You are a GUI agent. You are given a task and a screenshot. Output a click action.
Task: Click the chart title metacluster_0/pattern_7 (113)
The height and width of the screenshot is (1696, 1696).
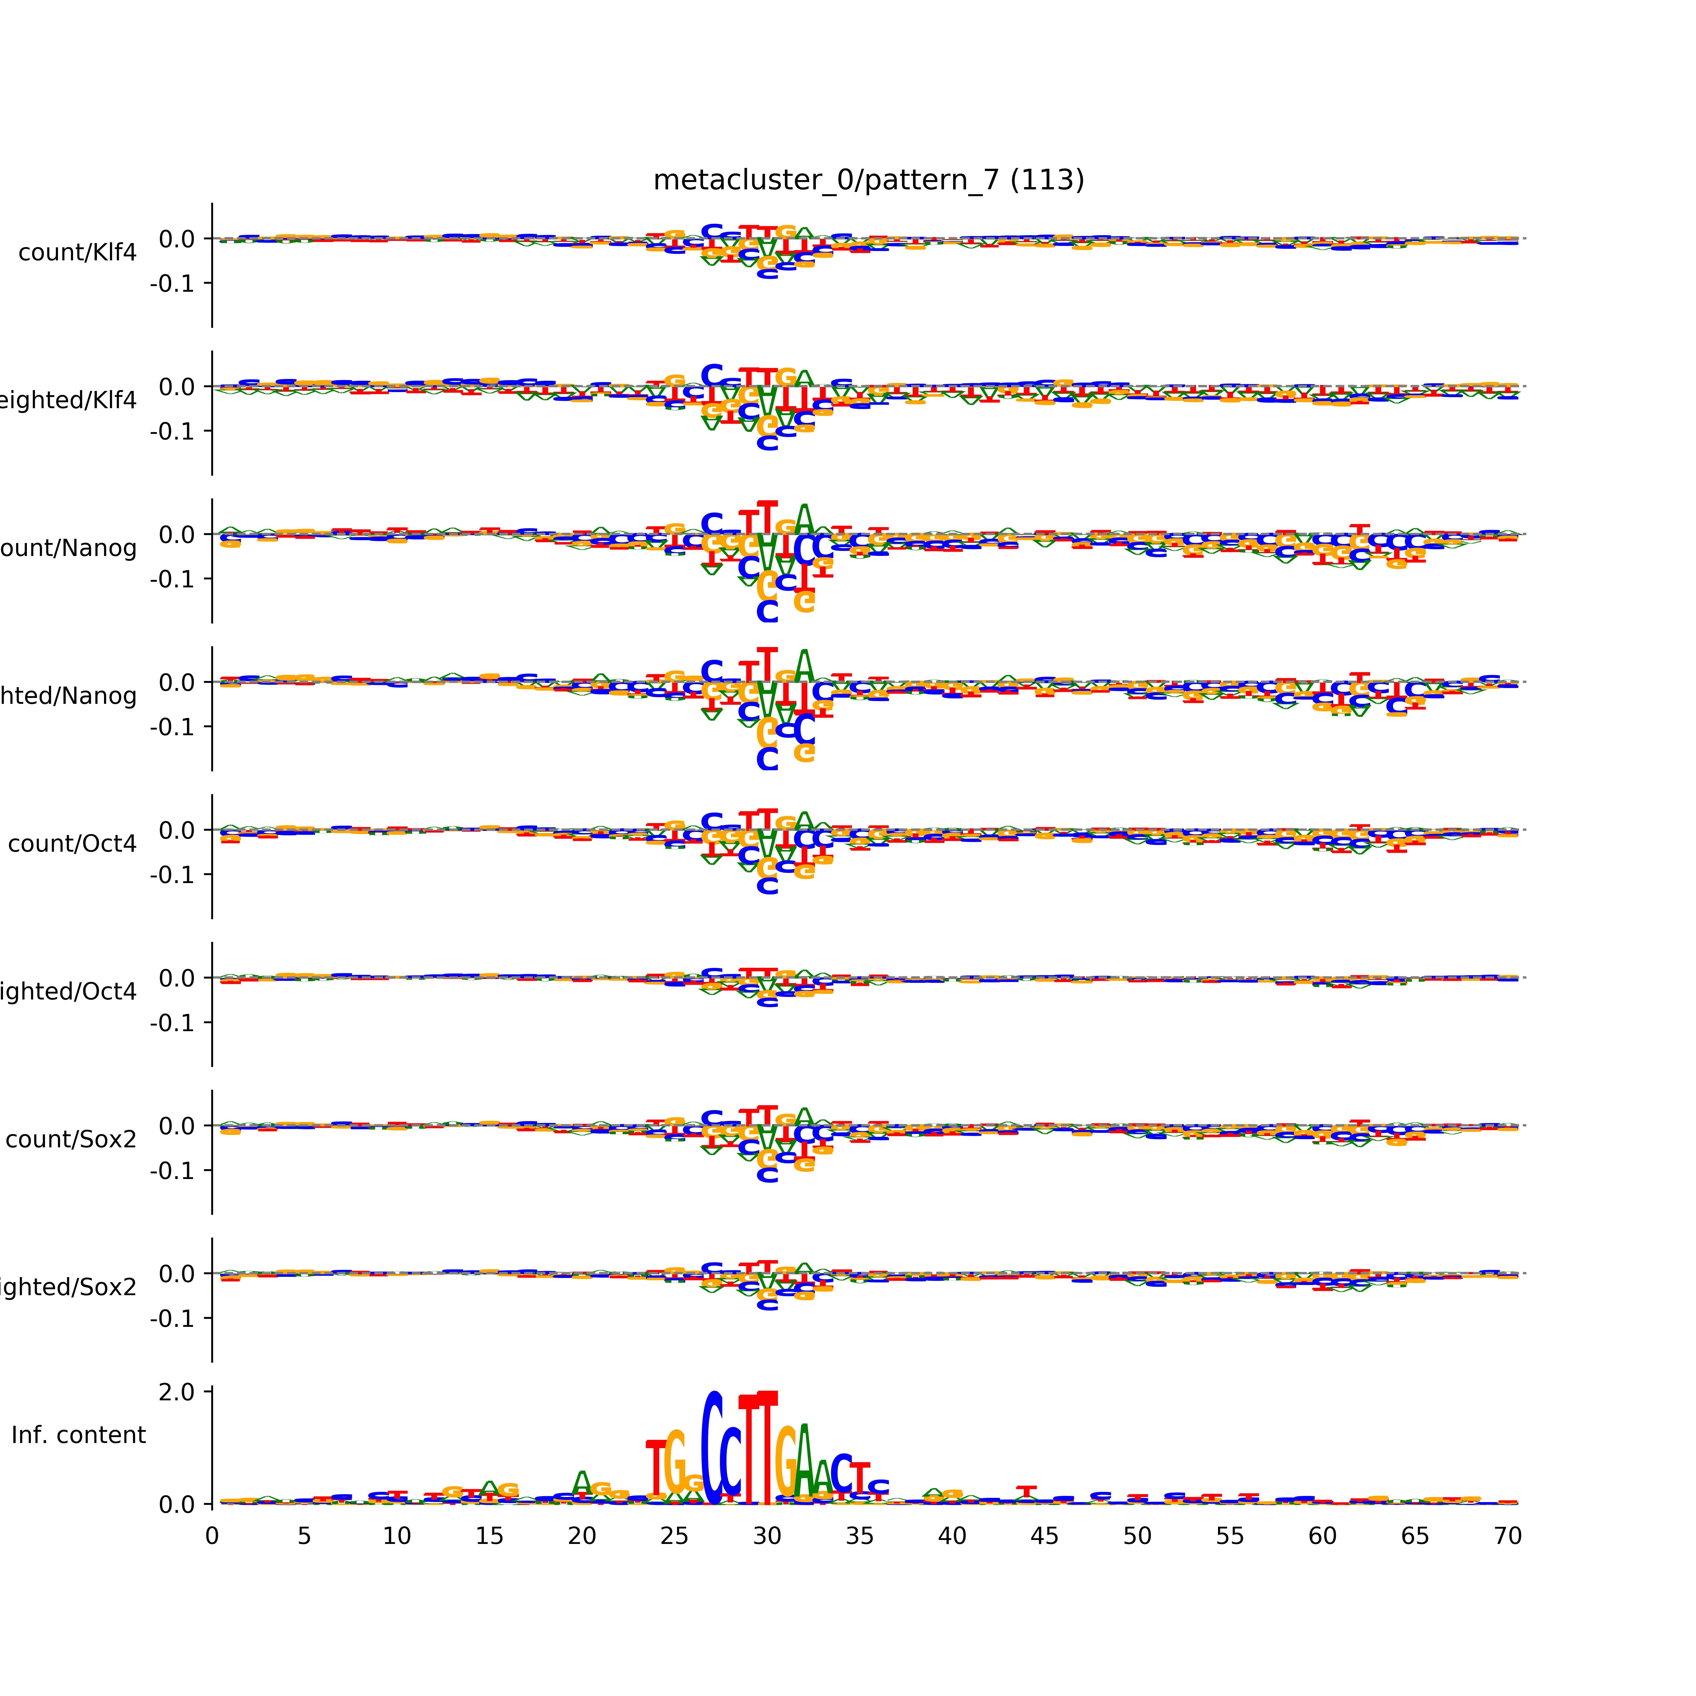point(868,180)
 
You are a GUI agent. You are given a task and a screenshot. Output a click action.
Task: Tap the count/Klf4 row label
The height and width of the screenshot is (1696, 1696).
point(77,253)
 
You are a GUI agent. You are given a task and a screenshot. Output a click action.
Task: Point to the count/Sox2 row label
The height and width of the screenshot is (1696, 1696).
point(71,1139)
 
